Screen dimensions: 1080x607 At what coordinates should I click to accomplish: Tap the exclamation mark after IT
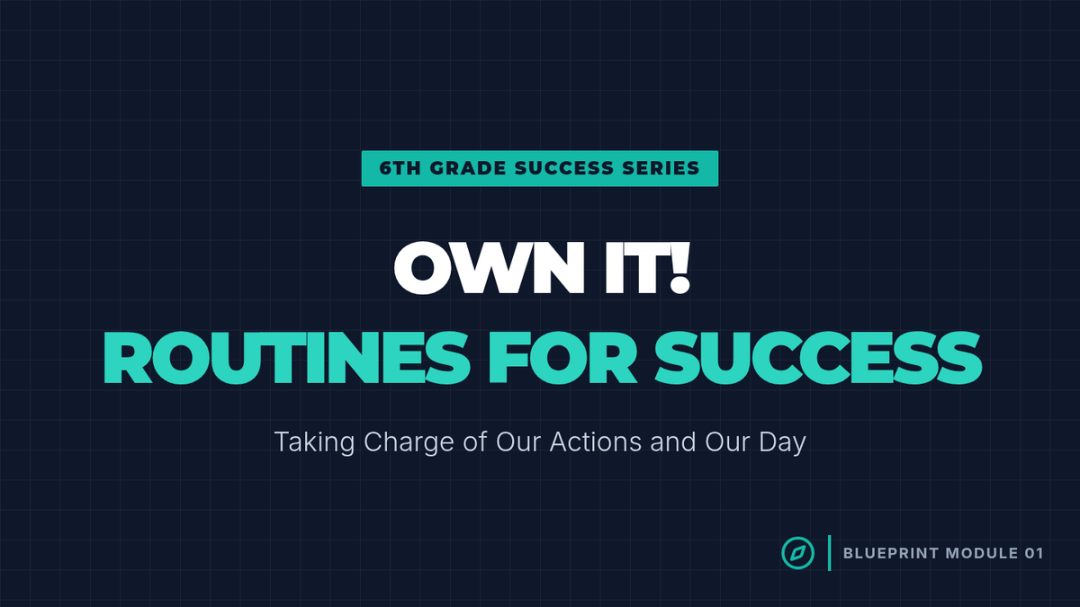click(679, 267)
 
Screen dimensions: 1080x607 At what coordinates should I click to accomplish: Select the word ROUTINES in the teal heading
click(286, 358)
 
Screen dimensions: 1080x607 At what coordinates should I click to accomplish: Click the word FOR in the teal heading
click(562, 358)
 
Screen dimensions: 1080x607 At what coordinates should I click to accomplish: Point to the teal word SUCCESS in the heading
click(818, 358)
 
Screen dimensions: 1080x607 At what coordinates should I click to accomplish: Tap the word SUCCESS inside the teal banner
click(564, 169)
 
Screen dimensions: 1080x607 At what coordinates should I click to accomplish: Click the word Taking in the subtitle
click(314, 442)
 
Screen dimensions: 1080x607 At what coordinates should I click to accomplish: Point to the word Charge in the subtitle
click(409, 442)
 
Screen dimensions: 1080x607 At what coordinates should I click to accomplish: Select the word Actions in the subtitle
click(596, 442)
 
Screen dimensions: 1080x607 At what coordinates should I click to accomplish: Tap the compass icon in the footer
click(798, 553)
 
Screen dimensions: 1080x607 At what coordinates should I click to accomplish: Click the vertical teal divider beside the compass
click(829, 553)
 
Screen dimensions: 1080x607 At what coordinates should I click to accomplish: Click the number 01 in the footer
click(1034, 553)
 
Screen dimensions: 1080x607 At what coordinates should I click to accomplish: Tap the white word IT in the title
click(634, 267)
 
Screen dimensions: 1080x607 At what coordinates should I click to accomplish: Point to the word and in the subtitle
click(673, 442)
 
